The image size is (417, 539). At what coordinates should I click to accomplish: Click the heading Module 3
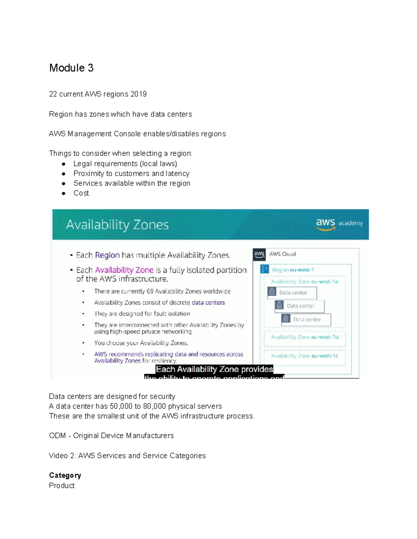pos(71,68)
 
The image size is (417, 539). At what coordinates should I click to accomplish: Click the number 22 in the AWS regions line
pos(53,94)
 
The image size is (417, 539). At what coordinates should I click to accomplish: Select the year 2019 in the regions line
pos(138,94)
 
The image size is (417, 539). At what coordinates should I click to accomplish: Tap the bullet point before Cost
pos(64,193)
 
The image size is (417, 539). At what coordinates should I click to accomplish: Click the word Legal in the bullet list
pos(82,163)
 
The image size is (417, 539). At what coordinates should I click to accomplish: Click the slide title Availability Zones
pos(117,225)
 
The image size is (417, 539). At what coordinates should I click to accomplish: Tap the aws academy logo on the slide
pos(339,223)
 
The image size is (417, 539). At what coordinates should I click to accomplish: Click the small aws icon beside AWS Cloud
pos(259,254)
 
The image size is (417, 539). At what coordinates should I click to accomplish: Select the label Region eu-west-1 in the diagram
pos(293,270)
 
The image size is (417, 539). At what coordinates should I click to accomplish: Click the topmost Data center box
pos(292,293)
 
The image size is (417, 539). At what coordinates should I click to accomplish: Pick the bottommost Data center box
pos(306,319)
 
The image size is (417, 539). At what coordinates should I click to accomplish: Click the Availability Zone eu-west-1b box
pos(305,337)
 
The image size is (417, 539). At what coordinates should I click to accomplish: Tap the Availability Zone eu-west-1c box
pos(305,356)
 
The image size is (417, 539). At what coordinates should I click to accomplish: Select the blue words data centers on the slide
pos(208,302)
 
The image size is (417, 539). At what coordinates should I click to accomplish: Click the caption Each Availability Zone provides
pos(214,369)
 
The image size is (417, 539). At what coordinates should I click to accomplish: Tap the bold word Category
pos(65,475)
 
